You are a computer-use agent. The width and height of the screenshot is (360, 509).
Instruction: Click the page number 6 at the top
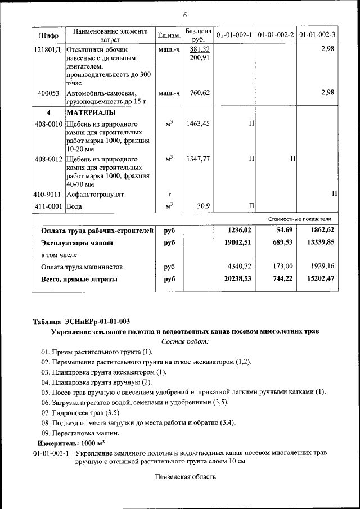[184, 15]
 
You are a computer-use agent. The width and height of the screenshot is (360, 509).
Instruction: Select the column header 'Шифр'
[48, 35]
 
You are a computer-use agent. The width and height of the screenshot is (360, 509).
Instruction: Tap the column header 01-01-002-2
[276, 35]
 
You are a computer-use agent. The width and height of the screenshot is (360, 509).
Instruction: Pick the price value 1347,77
[199, 159]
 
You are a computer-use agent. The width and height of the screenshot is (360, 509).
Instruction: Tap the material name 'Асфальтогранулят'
[95, 195]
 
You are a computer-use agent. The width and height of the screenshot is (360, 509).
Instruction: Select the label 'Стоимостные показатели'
[300, 219]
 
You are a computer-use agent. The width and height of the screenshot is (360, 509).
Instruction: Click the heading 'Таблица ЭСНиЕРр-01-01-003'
[82, 322]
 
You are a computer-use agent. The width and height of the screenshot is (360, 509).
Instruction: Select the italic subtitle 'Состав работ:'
[184, 341]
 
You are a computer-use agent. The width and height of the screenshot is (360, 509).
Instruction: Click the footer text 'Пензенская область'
[185, 477]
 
